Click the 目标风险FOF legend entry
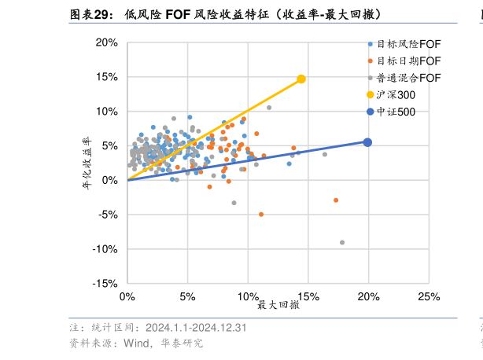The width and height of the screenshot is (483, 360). pos(407,44)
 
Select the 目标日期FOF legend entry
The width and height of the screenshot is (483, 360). pos(407,61)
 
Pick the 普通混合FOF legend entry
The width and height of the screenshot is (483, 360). pos(407,77)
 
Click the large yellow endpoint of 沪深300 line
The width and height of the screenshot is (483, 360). pos(301,79)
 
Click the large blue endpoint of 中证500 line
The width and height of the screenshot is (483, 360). pos(367,142)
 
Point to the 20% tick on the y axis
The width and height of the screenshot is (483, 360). pos(108,42)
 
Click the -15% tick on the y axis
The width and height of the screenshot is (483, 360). pos(106,284)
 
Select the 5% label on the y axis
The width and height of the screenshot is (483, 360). pos(109,145)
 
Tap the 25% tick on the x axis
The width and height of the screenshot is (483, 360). pos(429,297)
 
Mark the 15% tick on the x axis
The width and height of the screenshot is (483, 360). pos(308,297)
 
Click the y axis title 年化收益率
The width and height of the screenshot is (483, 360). pos(89,163)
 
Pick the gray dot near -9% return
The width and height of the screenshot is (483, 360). pos(342,243)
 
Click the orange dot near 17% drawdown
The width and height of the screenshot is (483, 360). pos(336,200)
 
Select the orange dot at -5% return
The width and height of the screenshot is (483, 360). pos(261,214)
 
